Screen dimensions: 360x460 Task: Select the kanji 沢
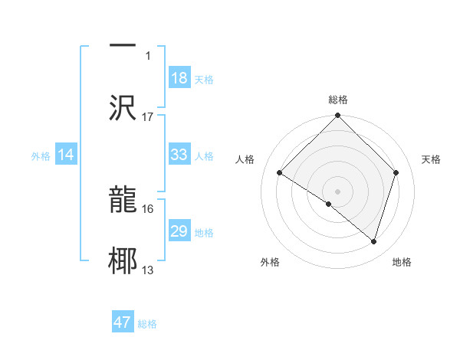pyautogui.click(x=123, y=107)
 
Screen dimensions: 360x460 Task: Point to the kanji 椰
pyautogui.click(x=123, y=261)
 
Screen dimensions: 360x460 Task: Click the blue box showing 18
pyautogui.click(x=179, y=78)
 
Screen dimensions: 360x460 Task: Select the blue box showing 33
pyautogui.click(x=179, y=155)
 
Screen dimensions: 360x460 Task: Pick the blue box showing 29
pyautogui.click(x=179, y=231)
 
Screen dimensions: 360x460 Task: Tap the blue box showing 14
pyautogui.click(x=66, y=155)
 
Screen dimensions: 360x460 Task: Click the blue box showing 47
pyautogui.click(x=123, y=322)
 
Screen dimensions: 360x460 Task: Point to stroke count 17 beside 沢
pyautogui.click(x=148, y=116)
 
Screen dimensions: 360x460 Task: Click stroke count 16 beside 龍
pyautogui.click(x=148, y=208)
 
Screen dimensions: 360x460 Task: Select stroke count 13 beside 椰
pyautogui.click(x=148, y=270)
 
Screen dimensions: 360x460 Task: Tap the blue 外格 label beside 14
pyautogui.click(x=41, y=155)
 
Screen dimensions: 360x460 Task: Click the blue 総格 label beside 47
pyautogui.click(x=147, y=323)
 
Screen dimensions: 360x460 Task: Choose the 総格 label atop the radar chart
pyautogui.click(x=338, y=100)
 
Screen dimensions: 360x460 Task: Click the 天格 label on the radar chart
pyautogui.click(x=432, y=159)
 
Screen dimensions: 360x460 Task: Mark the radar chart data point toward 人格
pyautogui.click(x=280, y=173)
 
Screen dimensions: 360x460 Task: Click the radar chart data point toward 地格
pyautogui.click(x=373, y=241)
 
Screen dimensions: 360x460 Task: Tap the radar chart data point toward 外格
pyautogui.click(x=329, y=204)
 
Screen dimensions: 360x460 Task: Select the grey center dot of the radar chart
pyautogui.click(x=338, y=191)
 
